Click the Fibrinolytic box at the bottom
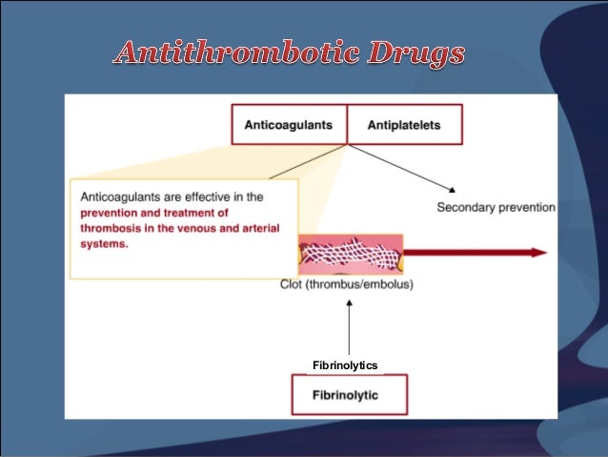349,393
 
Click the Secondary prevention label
496,207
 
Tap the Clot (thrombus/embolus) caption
347,284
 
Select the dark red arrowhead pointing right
538,253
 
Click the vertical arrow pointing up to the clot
350,324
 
